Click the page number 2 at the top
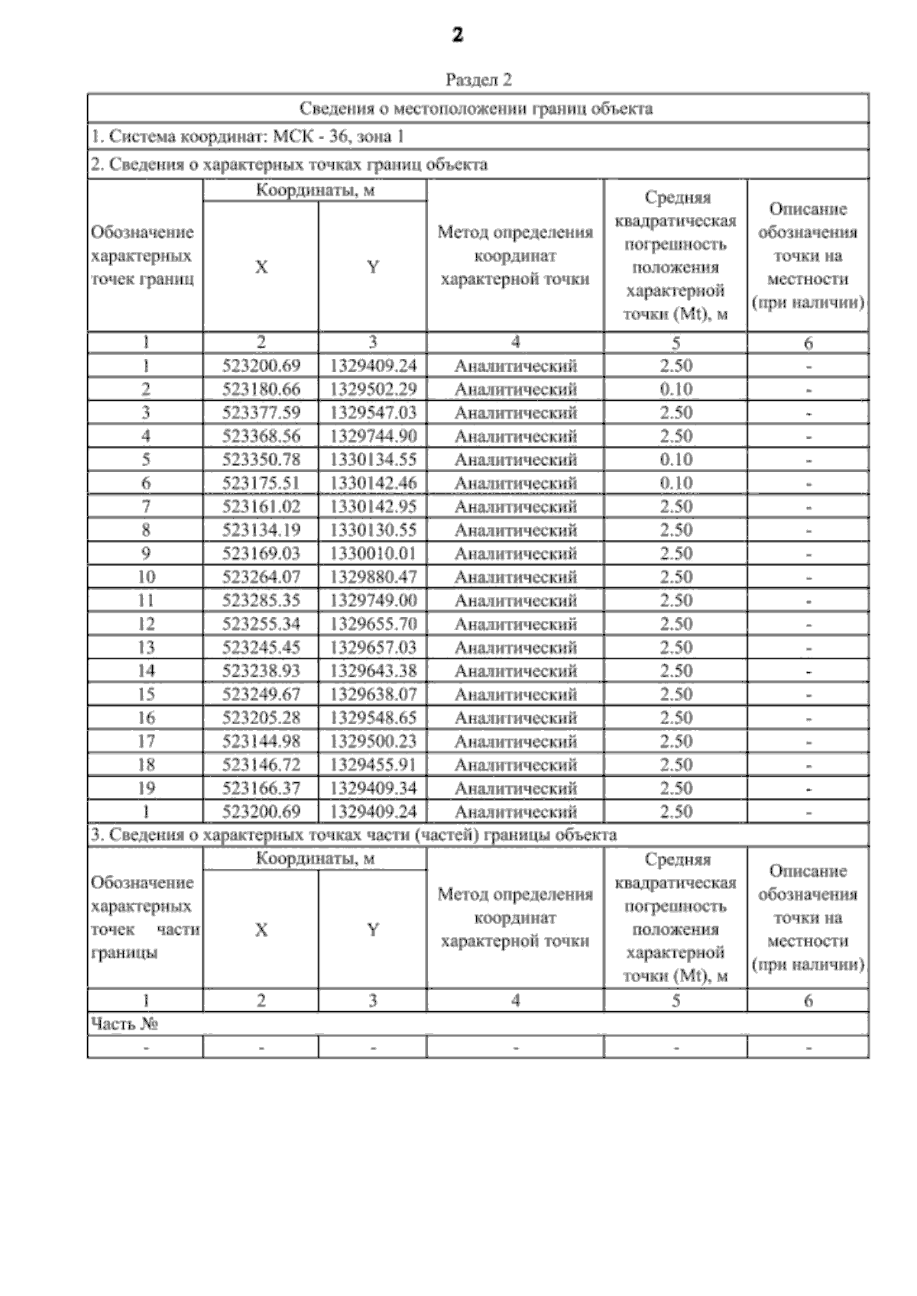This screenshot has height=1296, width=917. click(x=457, y=35)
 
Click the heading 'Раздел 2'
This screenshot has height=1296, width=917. click(x=478, y=80)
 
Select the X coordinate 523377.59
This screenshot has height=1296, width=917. click(x=261, y=413)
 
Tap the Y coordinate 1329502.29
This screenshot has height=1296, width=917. click(x=373, y=389)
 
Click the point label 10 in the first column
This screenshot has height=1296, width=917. click(x=146, y=577)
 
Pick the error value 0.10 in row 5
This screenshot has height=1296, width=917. click(x=676, y=460)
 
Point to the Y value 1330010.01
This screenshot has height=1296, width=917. click(x=373, y=554)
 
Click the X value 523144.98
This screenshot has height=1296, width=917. click(x=261, y=742)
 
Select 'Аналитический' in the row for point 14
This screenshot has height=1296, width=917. click(x=515, y=671)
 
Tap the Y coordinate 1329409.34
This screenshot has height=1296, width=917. click(x=373, y=788)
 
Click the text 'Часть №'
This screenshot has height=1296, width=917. click(x=125, y=1024)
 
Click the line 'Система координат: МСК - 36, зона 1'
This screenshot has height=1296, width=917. click(x=247, y=137)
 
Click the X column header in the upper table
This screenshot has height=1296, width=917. click(x=261, y=267)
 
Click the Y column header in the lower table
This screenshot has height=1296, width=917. click(x=373, y=930)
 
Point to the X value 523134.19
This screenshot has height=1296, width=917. click(x=261, y=530)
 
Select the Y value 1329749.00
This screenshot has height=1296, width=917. click(x=373, y=601)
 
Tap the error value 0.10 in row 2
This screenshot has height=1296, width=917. click(x=676, y=389)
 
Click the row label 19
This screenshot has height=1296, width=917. click(x=146, y=788)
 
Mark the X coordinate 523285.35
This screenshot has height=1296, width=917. click(x=261, y=601)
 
